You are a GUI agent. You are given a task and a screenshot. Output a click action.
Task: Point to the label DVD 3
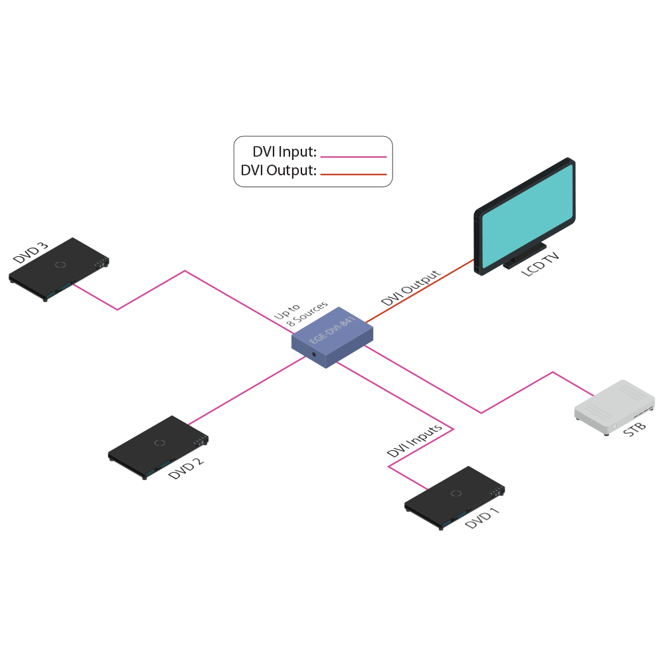(x=31, y=253)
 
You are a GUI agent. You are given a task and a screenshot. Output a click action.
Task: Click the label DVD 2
(x=186, y=469)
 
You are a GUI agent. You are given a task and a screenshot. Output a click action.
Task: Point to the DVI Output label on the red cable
(x=410, y=288)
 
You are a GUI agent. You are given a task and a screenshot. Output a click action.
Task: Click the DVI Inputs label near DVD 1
(x=415, y=441)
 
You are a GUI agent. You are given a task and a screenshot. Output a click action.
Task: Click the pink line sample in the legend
(x=353, y=157)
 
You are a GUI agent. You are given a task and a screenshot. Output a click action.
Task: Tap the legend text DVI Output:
(x=278, y=171)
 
